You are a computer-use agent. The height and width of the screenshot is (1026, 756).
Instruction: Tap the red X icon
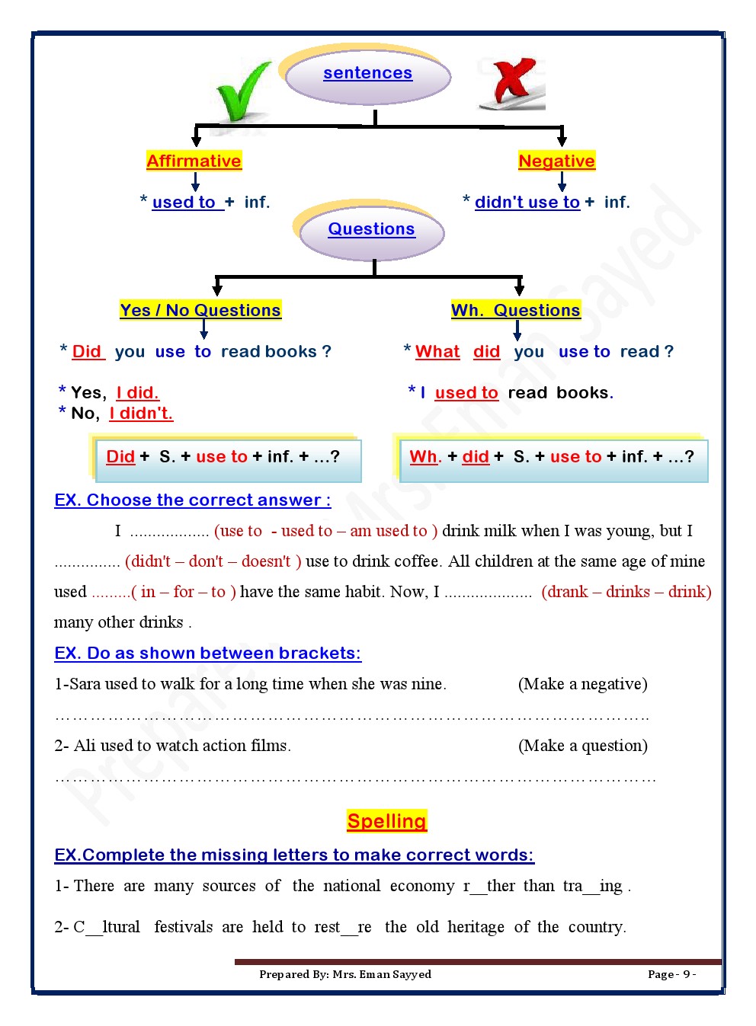513,82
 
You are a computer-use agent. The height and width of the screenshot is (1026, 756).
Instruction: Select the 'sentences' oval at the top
368,74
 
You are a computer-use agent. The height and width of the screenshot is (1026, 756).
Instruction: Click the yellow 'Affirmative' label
194,161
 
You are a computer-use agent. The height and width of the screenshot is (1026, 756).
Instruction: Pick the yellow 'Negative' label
556,161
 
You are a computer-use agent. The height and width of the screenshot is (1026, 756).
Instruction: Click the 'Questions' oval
371,229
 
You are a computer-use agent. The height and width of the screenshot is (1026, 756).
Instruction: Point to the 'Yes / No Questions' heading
200,310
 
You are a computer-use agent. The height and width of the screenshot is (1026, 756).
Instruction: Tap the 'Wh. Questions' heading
515,310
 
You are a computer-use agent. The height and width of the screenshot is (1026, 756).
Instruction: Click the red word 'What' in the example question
437,351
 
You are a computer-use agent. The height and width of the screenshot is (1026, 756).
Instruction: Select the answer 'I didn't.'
141,413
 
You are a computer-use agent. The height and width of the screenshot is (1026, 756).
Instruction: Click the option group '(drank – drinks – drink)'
626,592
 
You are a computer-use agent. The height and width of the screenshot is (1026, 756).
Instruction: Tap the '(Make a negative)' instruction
582,684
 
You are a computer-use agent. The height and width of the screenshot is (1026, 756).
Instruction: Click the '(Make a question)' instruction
582,746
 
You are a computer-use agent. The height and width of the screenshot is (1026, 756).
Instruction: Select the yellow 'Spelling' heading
386,821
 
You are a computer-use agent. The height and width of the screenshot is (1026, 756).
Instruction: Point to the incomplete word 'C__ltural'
107,927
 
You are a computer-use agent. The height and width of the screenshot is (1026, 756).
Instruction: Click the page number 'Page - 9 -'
671,974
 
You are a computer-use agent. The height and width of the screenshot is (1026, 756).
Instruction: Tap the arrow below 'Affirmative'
195,182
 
